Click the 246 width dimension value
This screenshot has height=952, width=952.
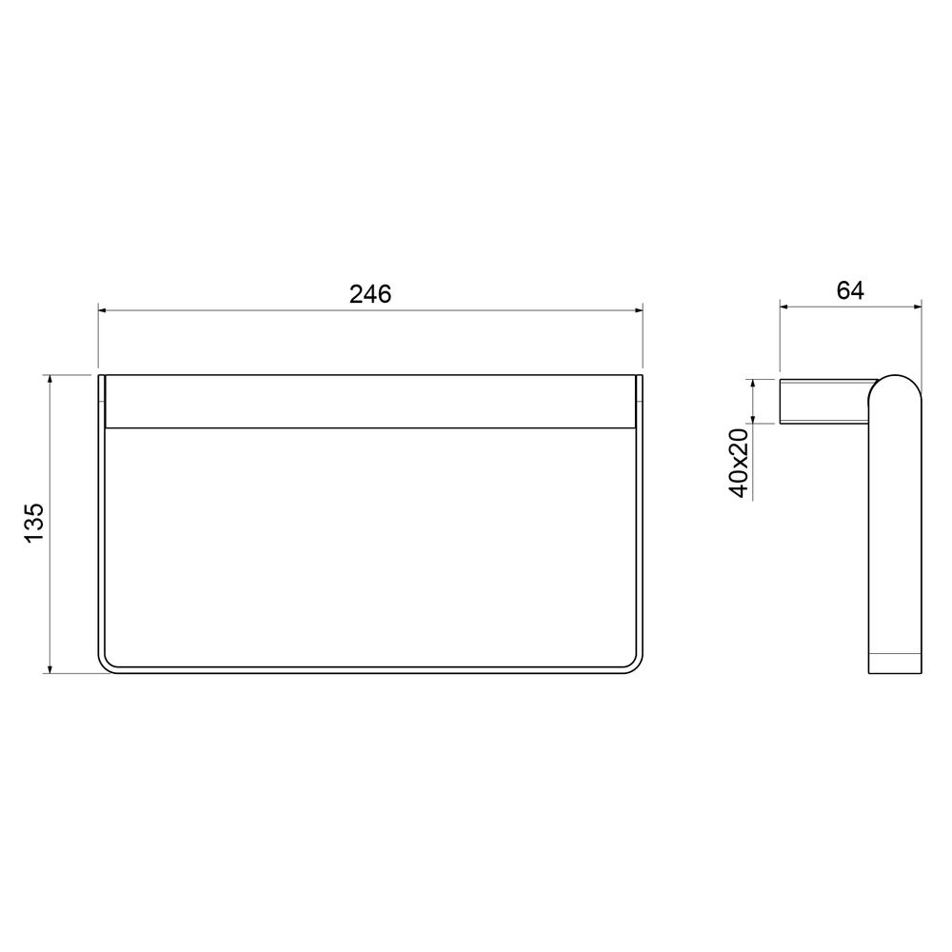(370, 294)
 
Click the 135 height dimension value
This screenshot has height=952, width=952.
(34, 522)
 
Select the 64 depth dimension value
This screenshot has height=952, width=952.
(850, 290)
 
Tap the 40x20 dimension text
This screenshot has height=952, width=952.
(740, 463)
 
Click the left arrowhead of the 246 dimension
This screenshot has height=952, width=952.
(102, 310)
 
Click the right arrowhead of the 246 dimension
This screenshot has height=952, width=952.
(639, 310)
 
